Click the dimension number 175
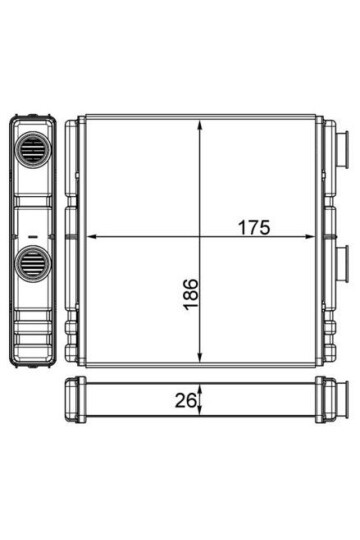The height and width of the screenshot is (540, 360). pyautogui.click(x=254, y=227)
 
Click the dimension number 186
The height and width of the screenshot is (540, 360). pyautogui.click(x=191, y=294)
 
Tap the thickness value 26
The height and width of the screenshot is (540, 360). pyautogui.click(x=185, y=400)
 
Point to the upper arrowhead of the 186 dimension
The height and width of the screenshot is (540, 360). pyautogui.click(x=199, y=126)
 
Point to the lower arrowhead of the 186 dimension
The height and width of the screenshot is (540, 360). pyautogui.click(x=199, y=356)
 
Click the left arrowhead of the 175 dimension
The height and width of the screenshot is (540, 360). pyautogui.click(x=91, y=237)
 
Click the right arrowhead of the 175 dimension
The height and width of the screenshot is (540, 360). pyautogui.click(x=309, y=237)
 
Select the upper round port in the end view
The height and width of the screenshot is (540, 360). pyautogui.click(x=33, y=149)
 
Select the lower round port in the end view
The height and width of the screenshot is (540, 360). pyautogui.click(x=33, y=264)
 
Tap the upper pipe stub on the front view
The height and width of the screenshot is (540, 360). pyautogui.click(x=342, y=149)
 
